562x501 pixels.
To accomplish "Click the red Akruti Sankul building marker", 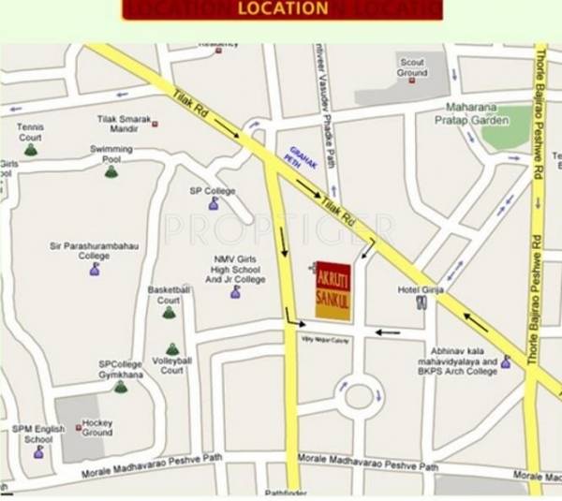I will (x=333, y=291).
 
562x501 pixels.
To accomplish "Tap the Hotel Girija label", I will (x=418, y=289).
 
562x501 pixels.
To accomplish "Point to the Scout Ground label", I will (x=412, y=67).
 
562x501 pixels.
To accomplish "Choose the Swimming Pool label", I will (x=111, y=154).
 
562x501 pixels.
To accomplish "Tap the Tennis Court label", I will (x=30, y=132).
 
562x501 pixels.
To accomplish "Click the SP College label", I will (x=213, y=191).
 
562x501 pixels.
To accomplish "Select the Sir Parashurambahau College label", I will (x=94, y=250).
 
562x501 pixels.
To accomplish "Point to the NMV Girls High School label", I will (x=235, y=270).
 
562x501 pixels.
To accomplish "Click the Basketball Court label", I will (x=169, y=295).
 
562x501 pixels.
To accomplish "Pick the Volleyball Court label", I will (x=172, y=364).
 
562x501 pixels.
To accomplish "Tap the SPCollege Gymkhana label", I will (x=120, y=369).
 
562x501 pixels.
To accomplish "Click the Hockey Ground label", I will (x=96, y=427).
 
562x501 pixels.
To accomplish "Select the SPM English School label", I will (x=38, y=434).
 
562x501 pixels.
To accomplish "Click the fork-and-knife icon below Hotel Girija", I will (x=421, y=305).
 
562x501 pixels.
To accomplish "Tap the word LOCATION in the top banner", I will (x=282, y=9).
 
